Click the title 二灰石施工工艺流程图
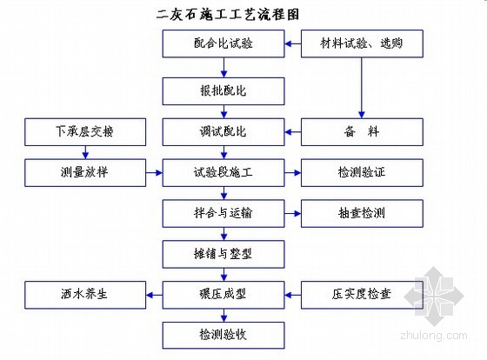pos(228,15)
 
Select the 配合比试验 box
pos(223,43)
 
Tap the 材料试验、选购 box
pos(362,43)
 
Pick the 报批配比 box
pos(223,91)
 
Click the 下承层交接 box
pos(85,132)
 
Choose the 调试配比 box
pos(223,132)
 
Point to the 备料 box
pos(362,132)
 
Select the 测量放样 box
pos(85,173)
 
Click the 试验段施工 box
pos(223,173)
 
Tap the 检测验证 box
pos(362,173)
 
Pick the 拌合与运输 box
pos(223,213)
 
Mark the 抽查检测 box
pos(362,213)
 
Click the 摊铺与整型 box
pos(223,254)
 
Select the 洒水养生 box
pos(85,295)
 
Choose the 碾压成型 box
pos(223,295)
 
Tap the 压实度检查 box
pos(362,295)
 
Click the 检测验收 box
pos(223,336)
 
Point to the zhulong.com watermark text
pos(434,336)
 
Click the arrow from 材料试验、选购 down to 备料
pos(362,88)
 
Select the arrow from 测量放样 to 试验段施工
pos(154,173)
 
